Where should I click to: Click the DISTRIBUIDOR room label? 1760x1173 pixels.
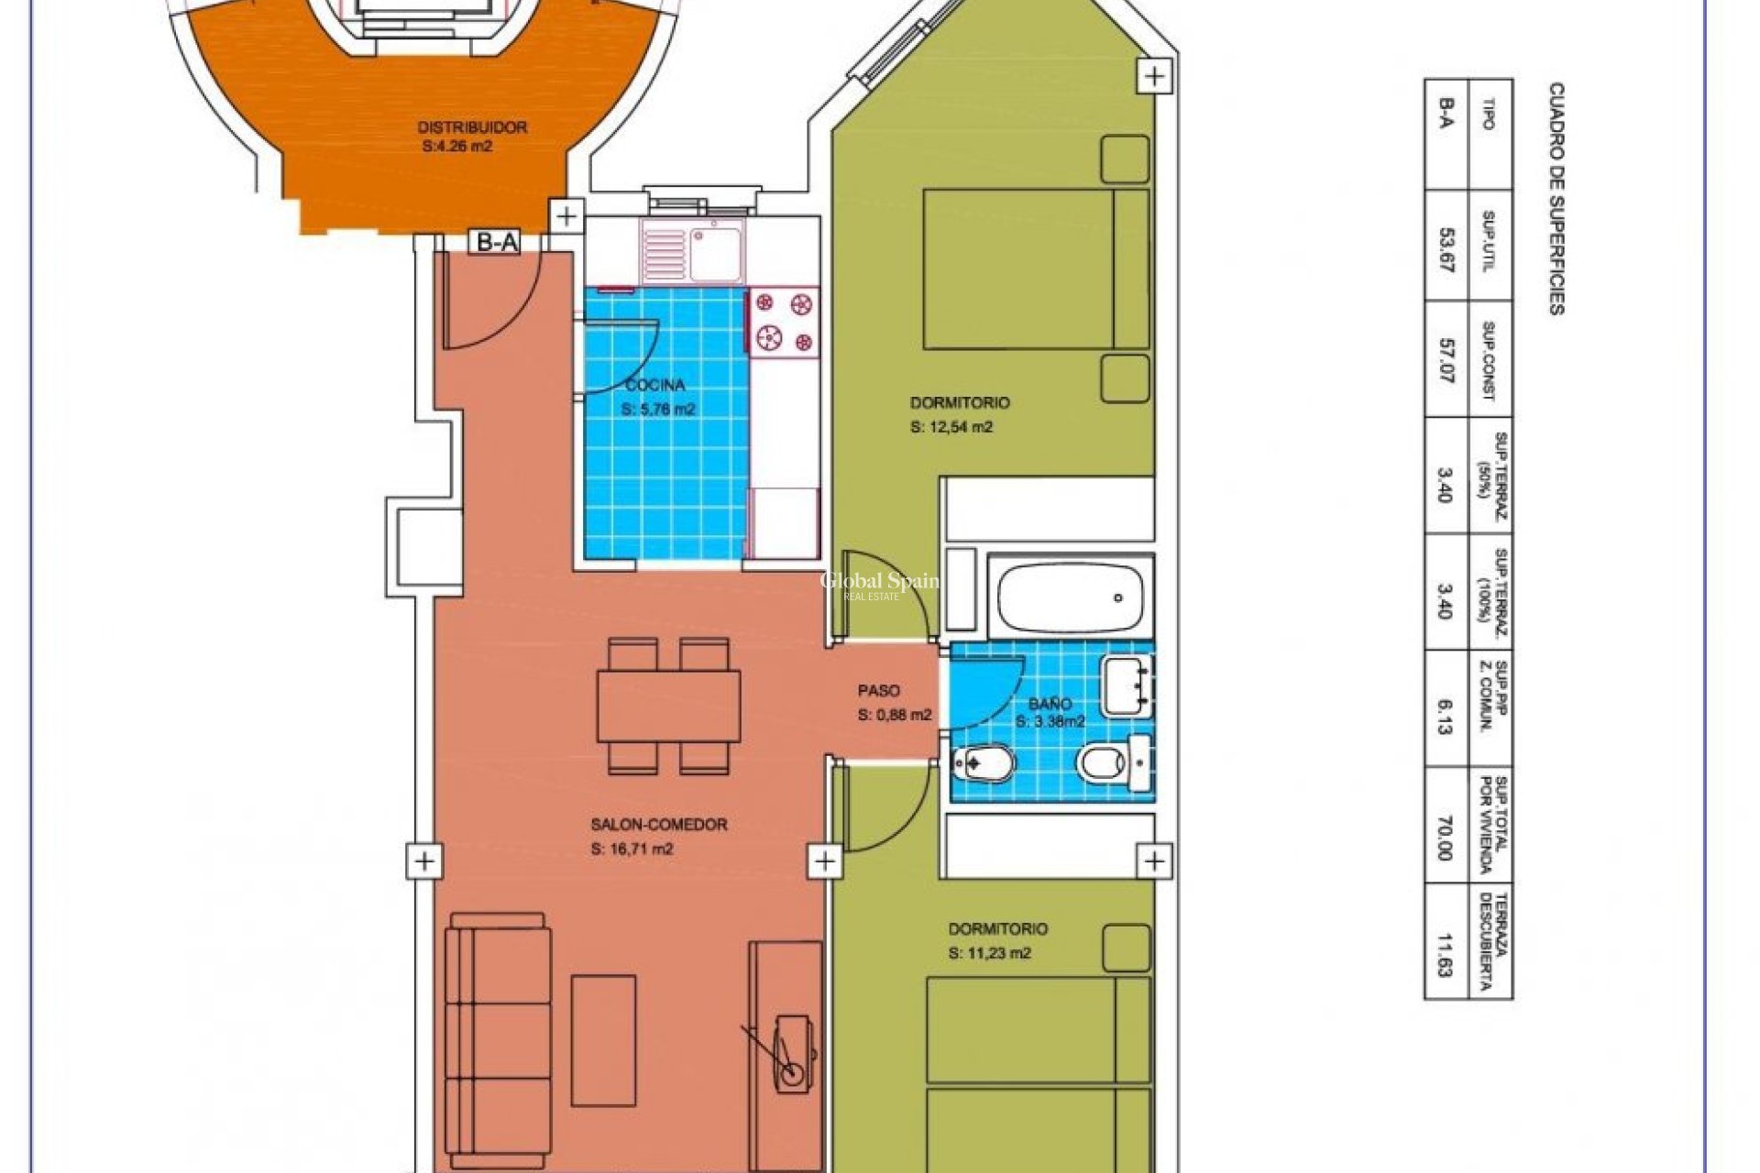pos(472,127)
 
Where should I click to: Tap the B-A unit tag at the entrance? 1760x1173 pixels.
pos(497,242)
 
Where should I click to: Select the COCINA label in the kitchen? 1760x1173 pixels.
pos(654,386)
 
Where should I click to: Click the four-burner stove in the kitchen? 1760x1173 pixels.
pos(784,322)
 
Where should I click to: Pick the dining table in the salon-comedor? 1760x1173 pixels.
pos(668,706)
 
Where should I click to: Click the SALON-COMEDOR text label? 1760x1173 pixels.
pos(658,825)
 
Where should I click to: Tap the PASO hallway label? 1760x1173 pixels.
pos(878,691)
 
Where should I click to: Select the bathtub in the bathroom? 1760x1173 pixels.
pos(1072,597)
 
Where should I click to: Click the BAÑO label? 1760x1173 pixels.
pos(1050,704)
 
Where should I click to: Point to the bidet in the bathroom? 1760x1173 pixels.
pos(983,762)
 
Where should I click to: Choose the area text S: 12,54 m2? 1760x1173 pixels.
pos(951,427)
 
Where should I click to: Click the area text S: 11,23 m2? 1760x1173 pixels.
pos(990,953)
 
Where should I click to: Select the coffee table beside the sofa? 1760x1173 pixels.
pos(603,1040)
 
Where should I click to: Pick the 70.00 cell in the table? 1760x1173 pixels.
pos(1446,837)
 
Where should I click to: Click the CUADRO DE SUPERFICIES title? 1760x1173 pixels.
pos(1556,198)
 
